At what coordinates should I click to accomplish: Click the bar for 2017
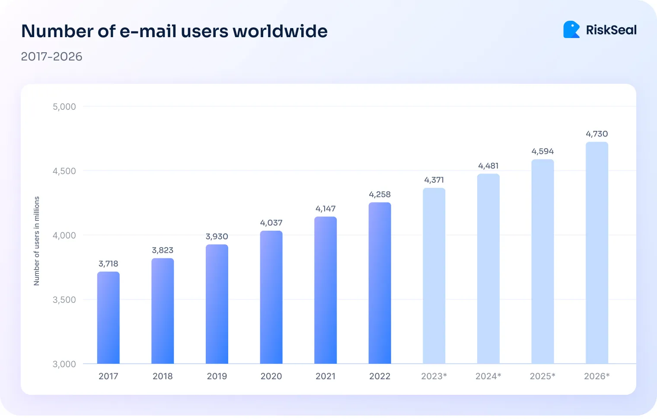pyautogui.click(x=108, y=318)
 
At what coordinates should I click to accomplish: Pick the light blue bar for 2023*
pyautogui.click(x=434, y=276)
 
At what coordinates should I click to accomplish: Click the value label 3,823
pyautogui.click(x=163, y=251)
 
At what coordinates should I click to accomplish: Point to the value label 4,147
pyautogui.click(x=325, y=209)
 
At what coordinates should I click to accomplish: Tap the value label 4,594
pyautogui.click(x=542, y=152)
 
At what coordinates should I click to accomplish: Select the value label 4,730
pyautogui.click(x=596, y=134)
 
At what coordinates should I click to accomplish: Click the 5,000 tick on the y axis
pyautogui.click(x=64, y=107)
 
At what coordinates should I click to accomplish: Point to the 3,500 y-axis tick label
pyautogui.click(x=64, y=300)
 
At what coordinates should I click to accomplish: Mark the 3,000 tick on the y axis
pyautogui.click(x=64, y=364)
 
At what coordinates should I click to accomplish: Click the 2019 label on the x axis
pyautogui.click(x=217, y=376)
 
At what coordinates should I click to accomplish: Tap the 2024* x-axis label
pyautogui.click(x=488, y=376)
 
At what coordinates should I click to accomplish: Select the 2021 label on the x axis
pyautogui.click(x=325, y=376)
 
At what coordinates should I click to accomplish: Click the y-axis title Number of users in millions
pyautogui.click(x=37, y=241)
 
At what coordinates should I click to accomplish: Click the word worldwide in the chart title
pyautogui.click(x=280, y=31)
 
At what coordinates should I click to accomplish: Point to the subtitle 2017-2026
pyautogui.click(x=51, y=57)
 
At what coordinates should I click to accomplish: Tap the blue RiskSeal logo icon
pyautogui.click(x=571, y=30)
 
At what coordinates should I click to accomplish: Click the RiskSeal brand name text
pyautogui.click(x=611, y=30)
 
